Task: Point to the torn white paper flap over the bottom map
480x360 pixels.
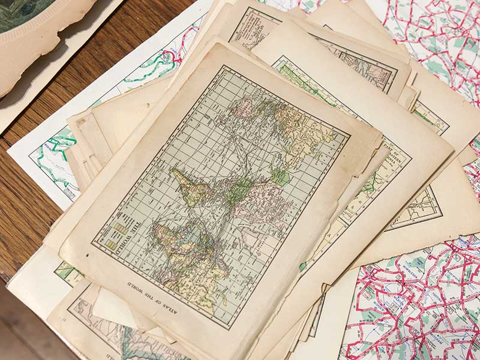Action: (x=114, y=306)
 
